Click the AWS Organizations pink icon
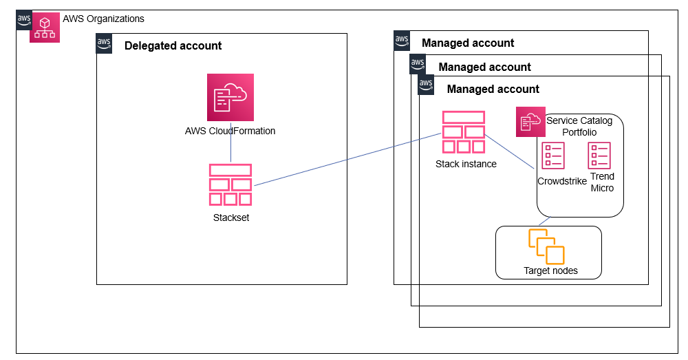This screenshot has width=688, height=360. (x=45, y=28)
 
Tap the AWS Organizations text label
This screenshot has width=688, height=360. (x=103, y=19)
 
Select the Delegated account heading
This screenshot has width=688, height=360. (x=173, y=46)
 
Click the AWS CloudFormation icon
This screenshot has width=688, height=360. (x=230, y=97)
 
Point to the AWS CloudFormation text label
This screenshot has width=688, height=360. (x=230, y=131)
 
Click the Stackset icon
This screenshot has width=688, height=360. (x=230, y=184)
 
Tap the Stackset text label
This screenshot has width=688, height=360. (x=230, y=218)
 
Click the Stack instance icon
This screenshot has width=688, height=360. (x=463, y=131)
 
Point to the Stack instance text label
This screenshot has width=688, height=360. (x=466, y=165)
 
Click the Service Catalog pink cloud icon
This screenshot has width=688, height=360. (x=530, y=122)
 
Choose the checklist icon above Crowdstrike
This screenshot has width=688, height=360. (x=553, y=156)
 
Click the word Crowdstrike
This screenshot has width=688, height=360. (x=562, y=182)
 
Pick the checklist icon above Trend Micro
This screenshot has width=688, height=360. (x=599, y=156)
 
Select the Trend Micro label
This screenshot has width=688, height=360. (x=602, y=182)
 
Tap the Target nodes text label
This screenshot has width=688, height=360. (x=550, y=271)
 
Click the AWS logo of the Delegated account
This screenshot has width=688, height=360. (x=104, y=44)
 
